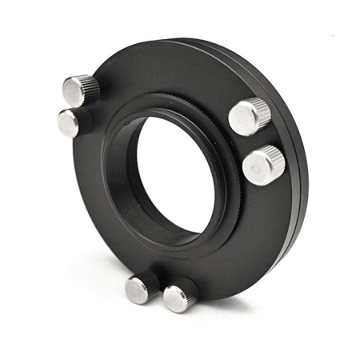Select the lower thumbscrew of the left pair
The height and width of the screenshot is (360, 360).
tap(73, 122)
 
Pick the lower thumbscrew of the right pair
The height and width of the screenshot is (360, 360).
tap(263, 166)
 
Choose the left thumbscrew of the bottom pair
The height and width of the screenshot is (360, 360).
tap(143, 287)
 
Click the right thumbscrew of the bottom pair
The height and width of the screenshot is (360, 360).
tap(180, 295)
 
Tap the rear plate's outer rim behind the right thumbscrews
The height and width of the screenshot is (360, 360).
tap(300, 144)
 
